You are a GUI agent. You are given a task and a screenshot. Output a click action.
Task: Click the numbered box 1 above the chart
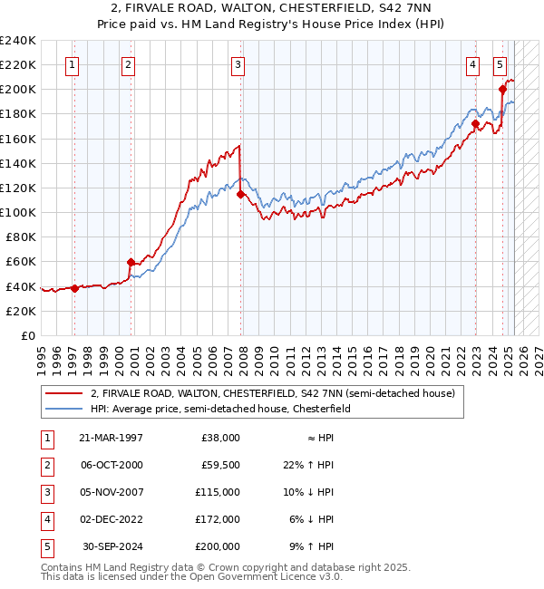[72, 64]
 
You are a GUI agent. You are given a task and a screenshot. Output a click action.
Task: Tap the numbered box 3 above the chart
[237, 64]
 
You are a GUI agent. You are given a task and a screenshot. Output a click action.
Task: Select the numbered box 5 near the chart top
[500, 64]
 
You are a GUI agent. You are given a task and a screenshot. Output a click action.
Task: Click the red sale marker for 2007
[240, 194]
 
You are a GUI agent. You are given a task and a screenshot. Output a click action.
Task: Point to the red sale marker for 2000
[131, 262]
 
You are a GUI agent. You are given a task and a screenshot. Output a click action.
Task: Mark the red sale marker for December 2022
[475, 124]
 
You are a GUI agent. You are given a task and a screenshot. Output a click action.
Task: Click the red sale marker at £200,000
[502, 89]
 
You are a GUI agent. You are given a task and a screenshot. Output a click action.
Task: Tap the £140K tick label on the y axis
[18, 163]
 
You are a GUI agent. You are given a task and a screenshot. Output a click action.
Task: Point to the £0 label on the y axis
[27, 335]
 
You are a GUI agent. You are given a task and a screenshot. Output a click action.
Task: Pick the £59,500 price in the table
[218, 465]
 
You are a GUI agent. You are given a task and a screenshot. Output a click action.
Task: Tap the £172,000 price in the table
[218, 519]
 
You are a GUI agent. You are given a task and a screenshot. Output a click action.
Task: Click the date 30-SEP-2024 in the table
[112, 546]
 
